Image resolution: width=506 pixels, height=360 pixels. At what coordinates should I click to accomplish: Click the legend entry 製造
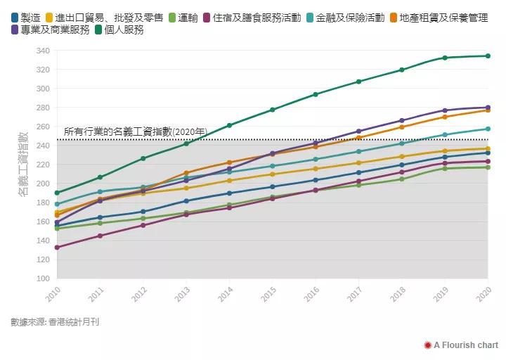(26, 17)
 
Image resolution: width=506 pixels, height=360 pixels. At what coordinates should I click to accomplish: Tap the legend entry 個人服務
(123, 30)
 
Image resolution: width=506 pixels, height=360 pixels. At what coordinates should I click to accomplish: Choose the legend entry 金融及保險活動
(339, 17)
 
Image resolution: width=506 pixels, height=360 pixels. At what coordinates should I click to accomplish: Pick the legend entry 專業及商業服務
(51, 30)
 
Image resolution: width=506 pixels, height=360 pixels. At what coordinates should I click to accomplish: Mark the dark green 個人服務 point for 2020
(488, 56)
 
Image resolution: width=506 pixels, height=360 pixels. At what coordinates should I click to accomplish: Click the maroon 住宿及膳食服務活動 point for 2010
(56, 247)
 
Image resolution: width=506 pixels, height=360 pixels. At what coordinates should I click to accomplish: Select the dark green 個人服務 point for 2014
(229, 126)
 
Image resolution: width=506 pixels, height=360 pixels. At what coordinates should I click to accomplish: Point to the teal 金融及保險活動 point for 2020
(488, 129)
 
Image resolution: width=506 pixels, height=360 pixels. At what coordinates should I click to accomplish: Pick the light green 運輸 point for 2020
(488, 167)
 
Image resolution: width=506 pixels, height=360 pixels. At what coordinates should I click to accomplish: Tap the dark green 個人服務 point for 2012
(143, 158)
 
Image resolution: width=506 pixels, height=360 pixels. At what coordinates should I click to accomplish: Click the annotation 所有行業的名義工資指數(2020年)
(135, 131)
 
